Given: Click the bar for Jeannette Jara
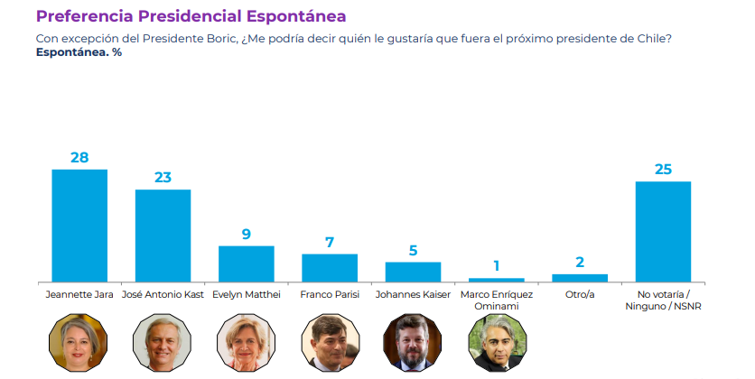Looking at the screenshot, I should click(79, 226).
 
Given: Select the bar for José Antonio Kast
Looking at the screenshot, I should click(163, 236).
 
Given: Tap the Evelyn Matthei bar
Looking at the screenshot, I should click(247, 263).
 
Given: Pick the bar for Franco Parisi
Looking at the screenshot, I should click(330, 268).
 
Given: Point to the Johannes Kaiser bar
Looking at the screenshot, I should click(413, 272).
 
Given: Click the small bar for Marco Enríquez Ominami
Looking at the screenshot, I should click(496, 280).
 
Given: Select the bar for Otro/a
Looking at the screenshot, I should click(580, 278).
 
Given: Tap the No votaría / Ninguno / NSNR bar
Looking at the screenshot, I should click(663, 232).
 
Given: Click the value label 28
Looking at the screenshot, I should click(79, 157).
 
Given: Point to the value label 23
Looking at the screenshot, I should click(163, 177).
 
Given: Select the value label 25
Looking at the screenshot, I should click(663, 170).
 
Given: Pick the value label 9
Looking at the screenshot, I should click(247, 234).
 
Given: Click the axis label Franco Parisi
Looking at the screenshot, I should click(330, 294).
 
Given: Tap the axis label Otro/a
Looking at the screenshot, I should click(580, 294).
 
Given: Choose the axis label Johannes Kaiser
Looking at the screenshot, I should click(413, 294).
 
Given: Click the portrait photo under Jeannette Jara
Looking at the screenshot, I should click(79, 343).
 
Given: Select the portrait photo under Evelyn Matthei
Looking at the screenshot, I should click(247, 343).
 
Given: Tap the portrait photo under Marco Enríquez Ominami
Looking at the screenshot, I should click(496, 343).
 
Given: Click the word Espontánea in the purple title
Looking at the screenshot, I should click(292, 16).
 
